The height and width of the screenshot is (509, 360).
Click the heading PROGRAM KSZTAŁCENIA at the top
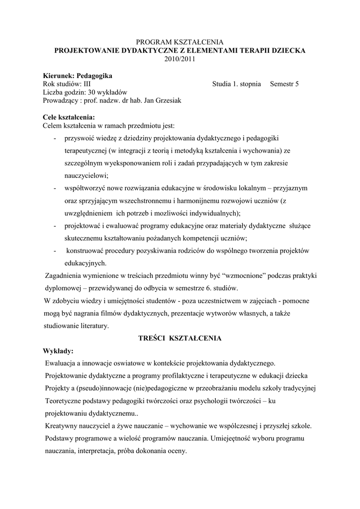[180, 42]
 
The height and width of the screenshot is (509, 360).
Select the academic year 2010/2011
[180, 59]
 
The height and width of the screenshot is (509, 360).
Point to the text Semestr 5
[284, 84]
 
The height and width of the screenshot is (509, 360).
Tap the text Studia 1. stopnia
[236, 84]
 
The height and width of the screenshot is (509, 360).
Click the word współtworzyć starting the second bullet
[85, 188]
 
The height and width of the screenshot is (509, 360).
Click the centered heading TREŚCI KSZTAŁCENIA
[180, 338]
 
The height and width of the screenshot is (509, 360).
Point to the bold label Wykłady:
[58, 351]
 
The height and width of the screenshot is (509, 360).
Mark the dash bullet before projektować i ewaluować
[54, 226]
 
